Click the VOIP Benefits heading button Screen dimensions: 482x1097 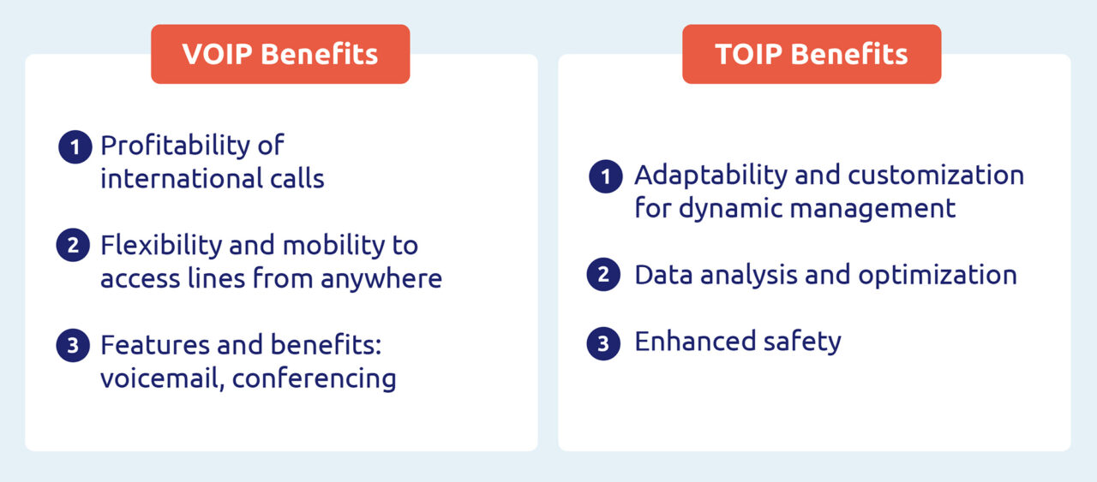[x=280, y=54]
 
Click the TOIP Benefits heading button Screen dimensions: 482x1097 [x=812, y=54]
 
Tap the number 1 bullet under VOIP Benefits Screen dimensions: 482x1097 [x=75, y=147]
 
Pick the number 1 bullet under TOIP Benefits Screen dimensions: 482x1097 [x=606, y=177]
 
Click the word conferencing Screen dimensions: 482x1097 [x=315, y=378]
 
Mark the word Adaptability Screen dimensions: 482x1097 [x=710, y=176]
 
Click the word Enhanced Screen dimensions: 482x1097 [x=682, y=342]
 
